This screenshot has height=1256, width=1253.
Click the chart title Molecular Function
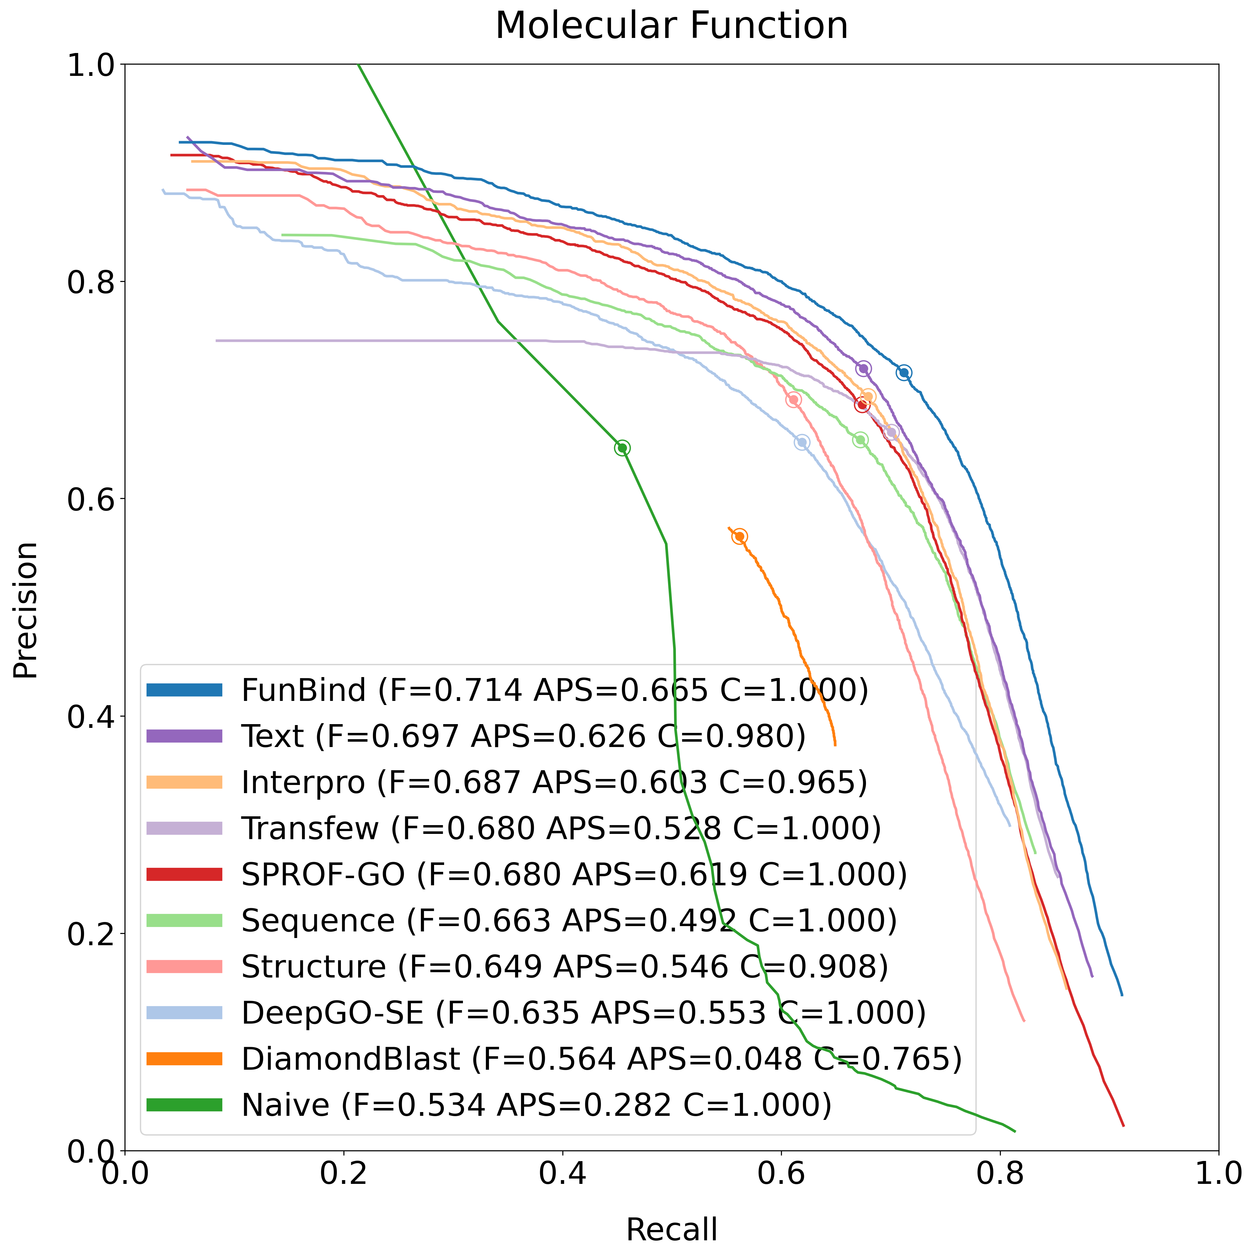click(671, 26)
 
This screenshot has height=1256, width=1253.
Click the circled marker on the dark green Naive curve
click(622, 448)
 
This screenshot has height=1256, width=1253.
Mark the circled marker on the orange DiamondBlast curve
click(739, 536)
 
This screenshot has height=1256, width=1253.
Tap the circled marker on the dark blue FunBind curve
click(904, 373)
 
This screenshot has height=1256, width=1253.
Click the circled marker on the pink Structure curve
click(793, 400)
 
